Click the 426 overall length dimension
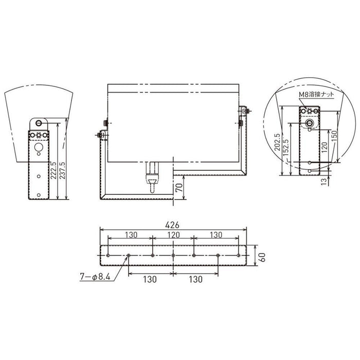[x=172, y=225]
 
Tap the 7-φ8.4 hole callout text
[x=95, y=277]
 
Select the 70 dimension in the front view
[x=180, y=188]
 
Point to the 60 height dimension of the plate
[x=262, y=257]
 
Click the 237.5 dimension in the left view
[x=62, y=171]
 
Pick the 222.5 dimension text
[x=53, y=171]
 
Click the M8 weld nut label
[x=316, y=94]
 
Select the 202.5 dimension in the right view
[x=277, y=142]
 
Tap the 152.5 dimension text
[x=286, y=148]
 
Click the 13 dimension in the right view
[x=323, y=181]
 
